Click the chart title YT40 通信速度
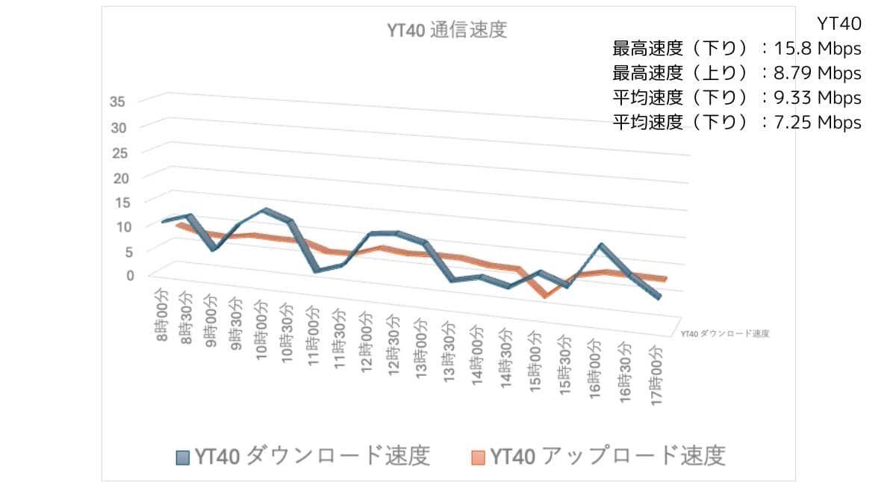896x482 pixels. pyautogui.click(x=447, y=31)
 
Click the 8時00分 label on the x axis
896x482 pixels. pyautogui.click(x=162, y=314)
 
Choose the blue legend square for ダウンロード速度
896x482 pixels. pyautogui.click(x=183, y=457)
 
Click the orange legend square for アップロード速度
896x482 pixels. pyautogui.click(x=478, y=457)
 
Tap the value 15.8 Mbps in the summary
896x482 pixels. pyautogui.click(x=820, y=49)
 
